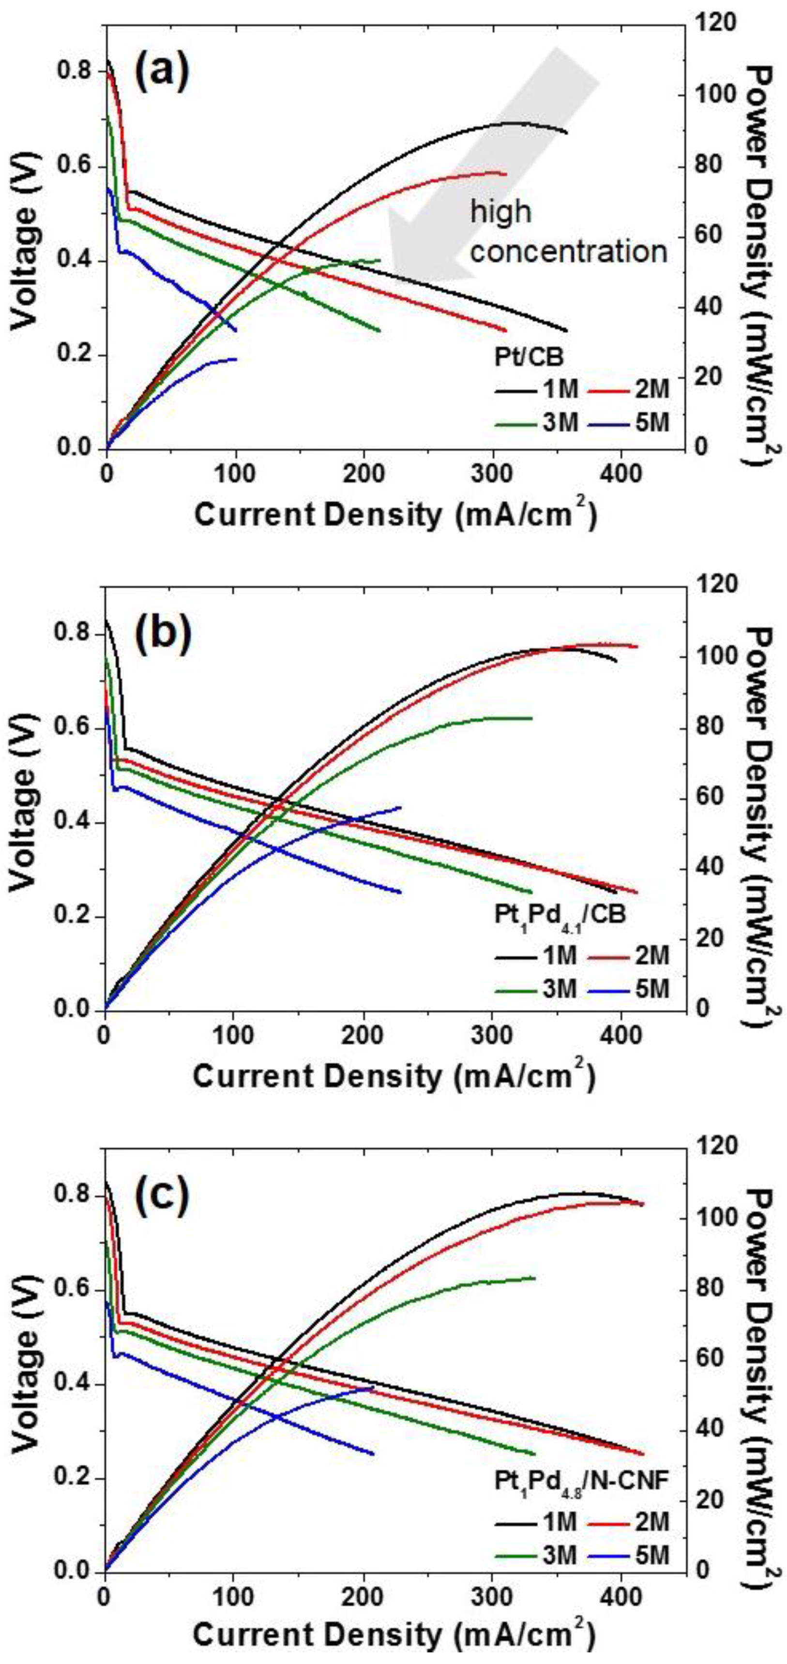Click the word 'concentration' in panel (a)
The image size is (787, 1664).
click(569, 251)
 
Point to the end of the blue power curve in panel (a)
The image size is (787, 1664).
click(237, 358)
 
